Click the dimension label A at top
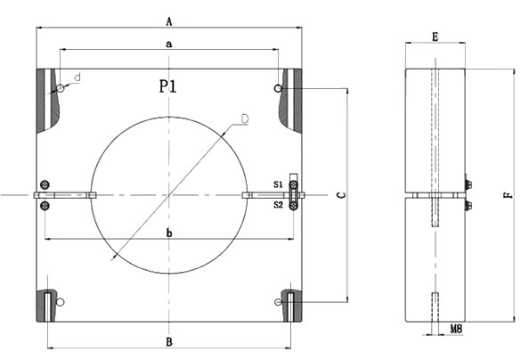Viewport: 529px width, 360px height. coord(169,19)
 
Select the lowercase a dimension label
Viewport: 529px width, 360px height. coord(168,43)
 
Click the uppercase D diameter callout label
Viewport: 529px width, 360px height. coord(244,118)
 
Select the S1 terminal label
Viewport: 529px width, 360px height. coord(278,184)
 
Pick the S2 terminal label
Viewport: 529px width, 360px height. coord(278,204)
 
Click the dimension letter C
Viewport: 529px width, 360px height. coord(341,195)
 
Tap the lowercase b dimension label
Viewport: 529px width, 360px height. coord(169,233)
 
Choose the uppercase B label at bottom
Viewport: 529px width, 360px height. coord(169,341)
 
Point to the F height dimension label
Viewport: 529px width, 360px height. coord(507,193)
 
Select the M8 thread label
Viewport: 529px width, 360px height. coord(455,329)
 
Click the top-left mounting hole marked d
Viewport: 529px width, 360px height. coord(60,88)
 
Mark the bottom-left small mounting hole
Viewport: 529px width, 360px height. coord(60,302)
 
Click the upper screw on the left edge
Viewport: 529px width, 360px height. coord(45,184)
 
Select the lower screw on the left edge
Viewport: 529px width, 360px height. coord(45,207)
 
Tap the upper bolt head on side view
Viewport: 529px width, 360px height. coord(469,185)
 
